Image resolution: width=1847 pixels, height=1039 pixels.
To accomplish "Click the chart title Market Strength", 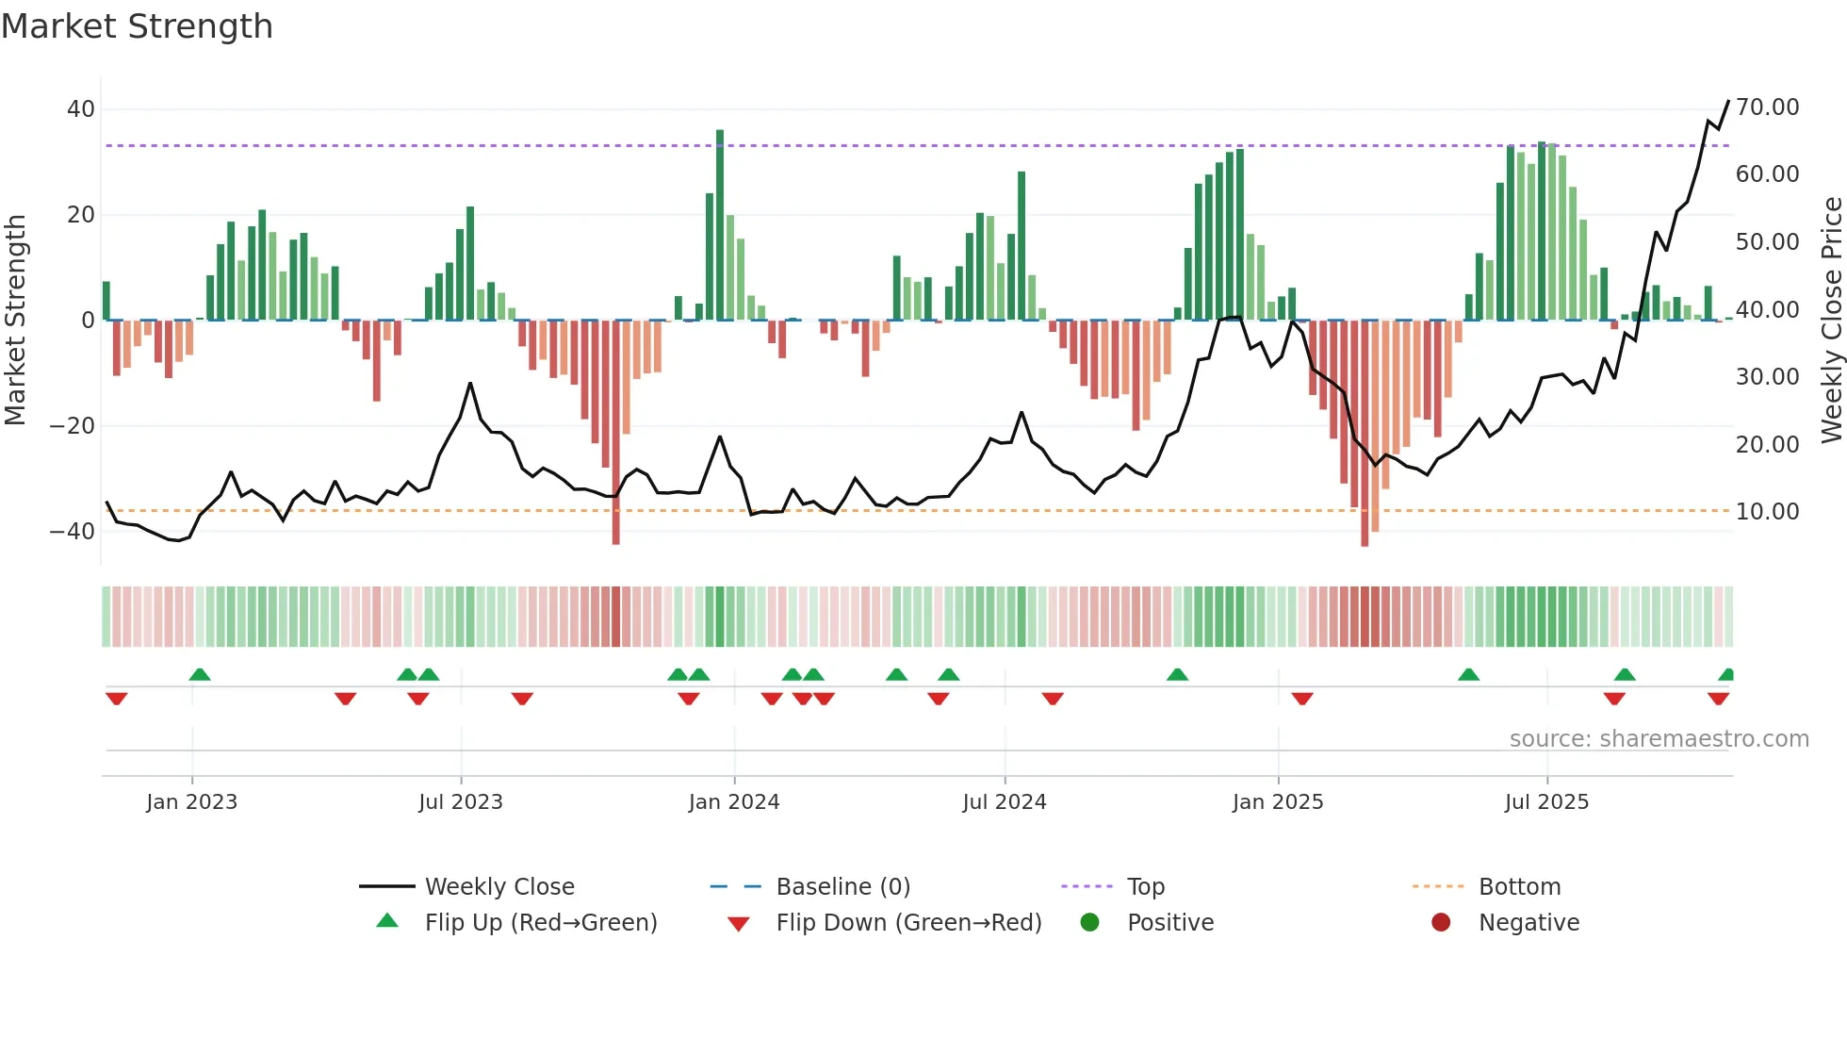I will point(137,26).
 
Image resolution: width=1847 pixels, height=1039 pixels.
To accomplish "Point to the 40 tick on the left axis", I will point(80,109).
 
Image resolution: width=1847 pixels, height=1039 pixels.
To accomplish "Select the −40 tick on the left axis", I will point(73,532).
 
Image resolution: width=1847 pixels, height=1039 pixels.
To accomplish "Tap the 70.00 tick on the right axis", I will point(1767,107).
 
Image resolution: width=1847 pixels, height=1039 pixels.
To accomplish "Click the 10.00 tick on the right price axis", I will point(1767,512).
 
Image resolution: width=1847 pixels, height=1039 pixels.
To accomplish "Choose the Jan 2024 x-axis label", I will point(734,802).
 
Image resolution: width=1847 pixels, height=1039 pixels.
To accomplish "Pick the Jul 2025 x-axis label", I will point(1546,802).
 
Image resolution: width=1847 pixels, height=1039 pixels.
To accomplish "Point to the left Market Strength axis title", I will point(15,320).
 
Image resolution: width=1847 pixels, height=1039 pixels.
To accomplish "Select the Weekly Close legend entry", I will point(499,887).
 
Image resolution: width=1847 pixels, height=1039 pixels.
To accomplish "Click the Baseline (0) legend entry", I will point(842,887).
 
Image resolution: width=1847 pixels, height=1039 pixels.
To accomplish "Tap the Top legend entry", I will point(1145,887).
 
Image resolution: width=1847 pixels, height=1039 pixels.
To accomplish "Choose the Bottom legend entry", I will point(1519,887).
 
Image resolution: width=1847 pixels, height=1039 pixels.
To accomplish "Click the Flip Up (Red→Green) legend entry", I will point(540,923).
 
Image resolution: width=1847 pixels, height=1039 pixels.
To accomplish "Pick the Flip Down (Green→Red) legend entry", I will point(908,923).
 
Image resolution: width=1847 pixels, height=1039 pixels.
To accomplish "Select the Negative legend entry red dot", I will point(1441,923).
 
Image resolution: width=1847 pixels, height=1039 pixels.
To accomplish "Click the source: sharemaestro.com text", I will point(1659,739).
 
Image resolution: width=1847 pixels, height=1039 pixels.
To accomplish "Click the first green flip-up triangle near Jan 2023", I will point(200,675).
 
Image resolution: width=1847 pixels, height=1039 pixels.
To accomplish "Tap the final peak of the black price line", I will point(1728,101).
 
